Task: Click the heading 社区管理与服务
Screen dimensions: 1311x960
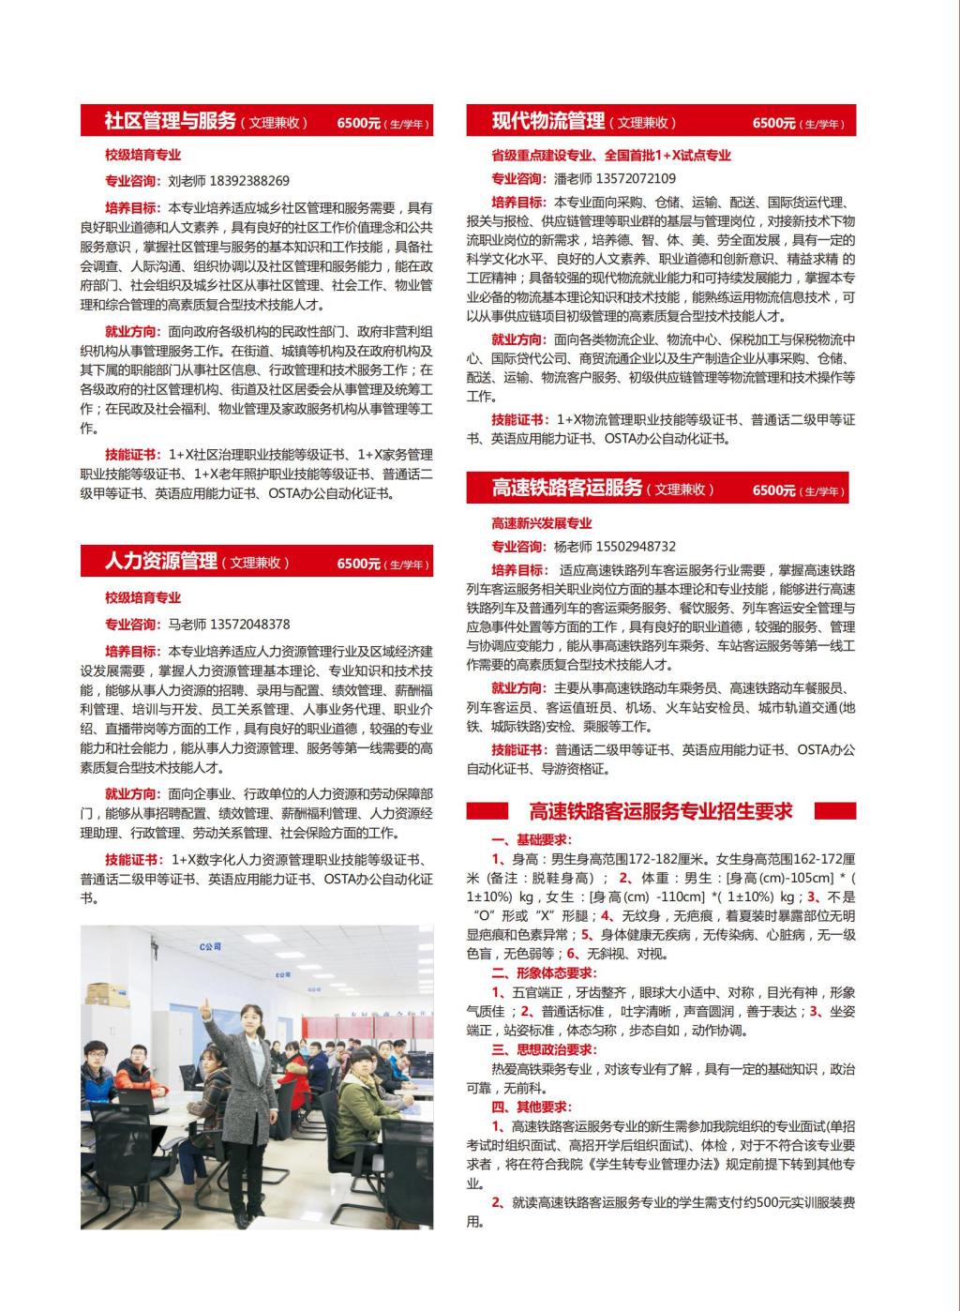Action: pyautogui.click(x=170, y=121)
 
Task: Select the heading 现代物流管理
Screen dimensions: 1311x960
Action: pyautogui.click(x=547, y=121)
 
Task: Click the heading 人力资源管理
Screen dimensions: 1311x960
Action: pyautogui.click(x=160, y=562)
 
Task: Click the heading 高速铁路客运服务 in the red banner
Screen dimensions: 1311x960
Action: pyautogui.click(x=566, y=488)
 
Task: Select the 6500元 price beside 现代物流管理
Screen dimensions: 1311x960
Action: pyautogui.click(x=774, y=123)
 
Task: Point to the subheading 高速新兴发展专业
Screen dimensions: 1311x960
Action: pyautogui.click(x=542, y=523)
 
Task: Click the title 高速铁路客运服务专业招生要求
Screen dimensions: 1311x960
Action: pyautogui.click(x=660, y=811)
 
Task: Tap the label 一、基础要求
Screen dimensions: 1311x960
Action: pyautogui.click(x=532, y=839)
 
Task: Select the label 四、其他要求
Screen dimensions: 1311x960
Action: pyautogui.click(x=532, y=1107)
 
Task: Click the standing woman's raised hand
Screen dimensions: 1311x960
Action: pyautogui.click(x=203, y=1004)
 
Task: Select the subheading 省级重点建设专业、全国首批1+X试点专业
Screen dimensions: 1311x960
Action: pyautogui.click(x=611, y=156)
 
